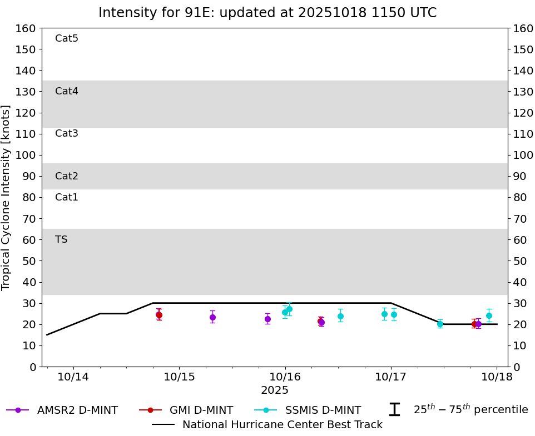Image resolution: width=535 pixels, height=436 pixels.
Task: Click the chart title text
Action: pos(267,13)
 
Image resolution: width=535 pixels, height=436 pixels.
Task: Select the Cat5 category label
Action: pos(67,38)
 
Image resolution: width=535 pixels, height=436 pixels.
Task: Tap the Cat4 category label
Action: pos(67,91)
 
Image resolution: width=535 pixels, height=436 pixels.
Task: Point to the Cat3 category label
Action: pos(67,133)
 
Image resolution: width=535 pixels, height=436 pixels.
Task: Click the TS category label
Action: pos(61,239)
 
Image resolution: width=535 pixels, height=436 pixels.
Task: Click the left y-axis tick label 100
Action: pos(26,155)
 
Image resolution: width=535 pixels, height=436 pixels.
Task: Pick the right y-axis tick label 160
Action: pos(523,28)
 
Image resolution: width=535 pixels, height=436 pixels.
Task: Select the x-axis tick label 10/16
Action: pos(285,377)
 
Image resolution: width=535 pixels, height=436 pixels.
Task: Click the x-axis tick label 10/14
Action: pos(73,377)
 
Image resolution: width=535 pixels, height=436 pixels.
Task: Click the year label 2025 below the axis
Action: pos(275,390)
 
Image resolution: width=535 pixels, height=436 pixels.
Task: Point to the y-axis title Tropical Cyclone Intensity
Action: pos(7,197)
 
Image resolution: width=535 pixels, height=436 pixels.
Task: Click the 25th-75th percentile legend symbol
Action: pos(394,410)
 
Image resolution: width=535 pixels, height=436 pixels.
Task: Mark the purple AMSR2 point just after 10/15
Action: pos(212,317)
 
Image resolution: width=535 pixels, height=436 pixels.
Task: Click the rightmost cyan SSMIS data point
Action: pos(489,315)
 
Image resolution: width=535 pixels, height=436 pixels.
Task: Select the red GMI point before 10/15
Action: pos(158,315)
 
